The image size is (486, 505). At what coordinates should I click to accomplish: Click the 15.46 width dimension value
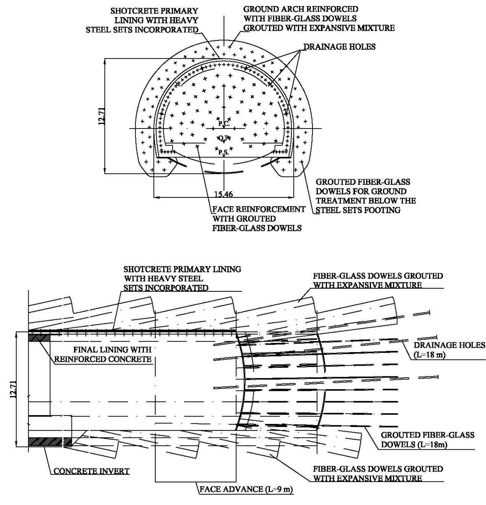[223, 194]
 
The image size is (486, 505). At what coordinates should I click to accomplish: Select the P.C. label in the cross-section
[224, 124]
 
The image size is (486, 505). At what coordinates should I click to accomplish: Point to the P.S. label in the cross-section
[223, 153]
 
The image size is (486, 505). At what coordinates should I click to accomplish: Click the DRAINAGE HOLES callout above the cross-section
[339, 47]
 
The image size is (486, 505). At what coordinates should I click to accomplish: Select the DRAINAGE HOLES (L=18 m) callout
[449, 350]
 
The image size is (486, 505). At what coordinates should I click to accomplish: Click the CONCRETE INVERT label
[91, 471]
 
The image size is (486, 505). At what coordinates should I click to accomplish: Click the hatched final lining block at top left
[39, 338]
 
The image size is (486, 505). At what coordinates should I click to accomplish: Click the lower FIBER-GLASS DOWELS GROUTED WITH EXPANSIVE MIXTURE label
[378, 474]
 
